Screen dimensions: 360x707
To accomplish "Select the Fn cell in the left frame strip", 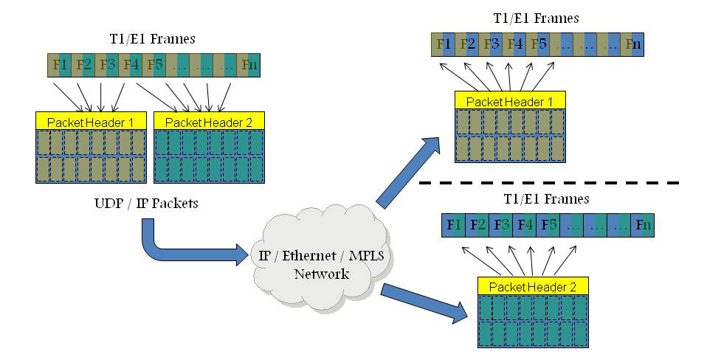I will coord(250,64).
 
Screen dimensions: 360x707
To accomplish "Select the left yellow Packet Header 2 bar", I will coord(209,121).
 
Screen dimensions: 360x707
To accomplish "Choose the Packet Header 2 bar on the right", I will coord(533,286).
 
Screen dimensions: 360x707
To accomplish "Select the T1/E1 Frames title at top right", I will coord(536,18).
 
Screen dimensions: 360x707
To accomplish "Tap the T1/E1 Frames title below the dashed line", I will coord(545,199).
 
